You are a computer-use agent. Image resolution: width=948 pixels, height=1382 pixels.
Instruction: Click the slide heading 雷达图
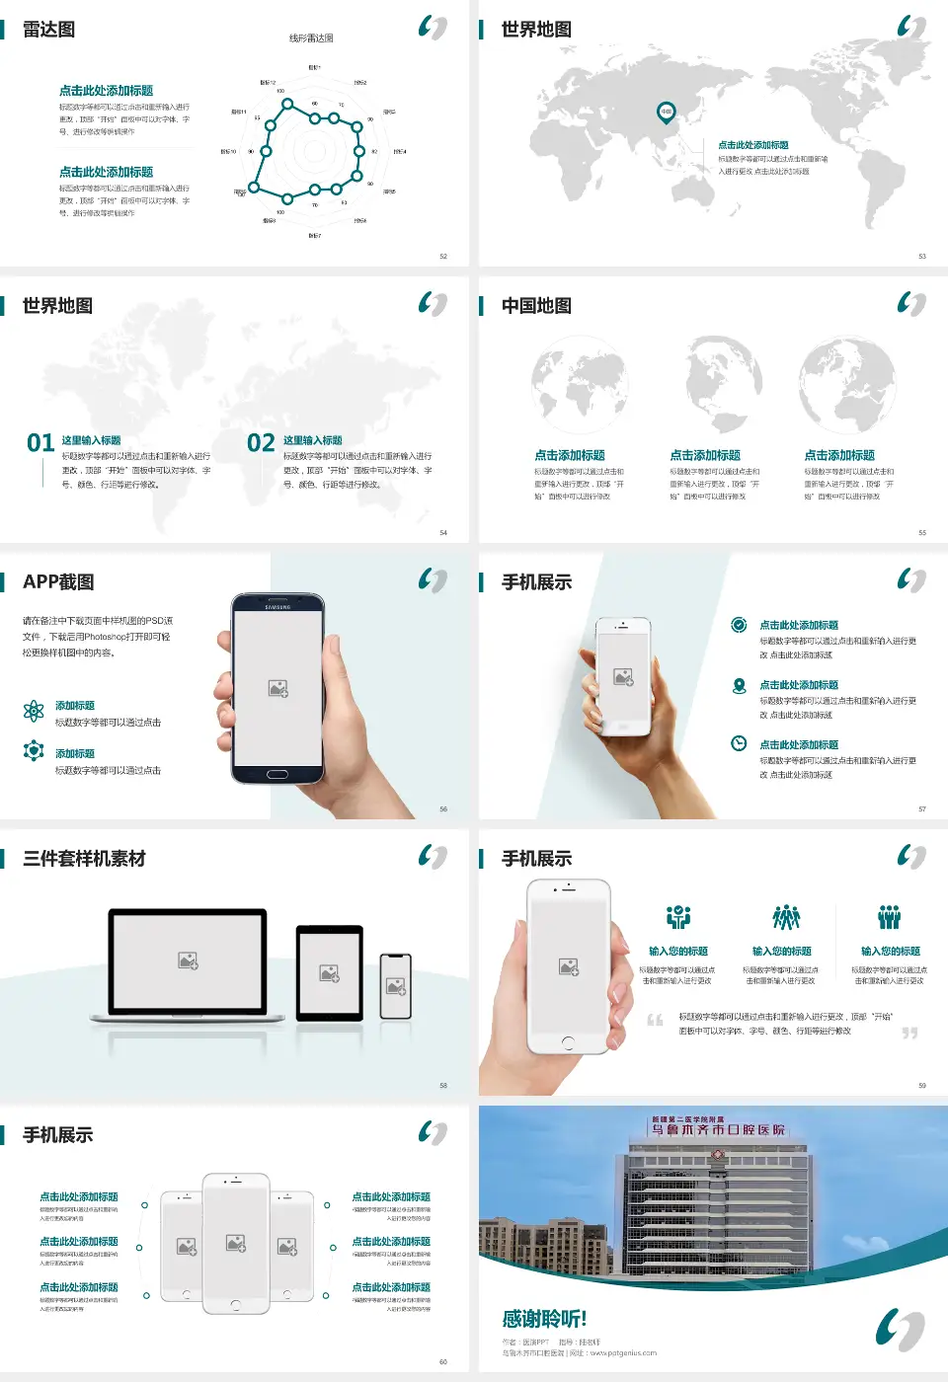[48, 30]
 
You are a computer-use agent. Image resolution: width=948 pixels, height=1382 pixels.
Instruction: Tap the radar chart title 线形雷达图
[311, 38]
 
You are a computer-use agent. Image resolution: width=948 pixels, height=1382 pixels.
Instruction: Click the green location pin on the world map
[667, 112]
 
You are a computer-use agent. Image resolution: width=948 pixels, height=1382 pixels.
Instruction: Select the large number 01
[40, 443]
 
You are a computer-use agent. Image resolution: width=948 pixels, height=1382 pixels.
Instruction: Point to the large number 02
[261, 443]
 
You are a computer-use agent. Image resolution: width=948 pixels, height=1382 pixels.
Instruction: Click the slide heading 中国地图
[536, 306]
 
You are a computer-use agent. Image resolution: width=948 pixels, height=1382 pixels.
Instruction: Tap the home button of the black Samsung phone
[277, 774]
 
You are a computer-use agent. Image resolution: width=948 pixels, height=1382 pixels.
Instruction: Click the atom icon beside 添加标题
[34, 711]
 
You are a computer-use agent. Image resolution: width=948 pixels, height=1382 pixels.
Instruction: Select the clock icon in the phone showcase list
[739, 743]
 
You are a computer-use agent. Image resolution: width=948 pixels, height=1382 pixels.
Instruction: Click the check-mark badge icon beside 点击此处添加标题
[739, 625]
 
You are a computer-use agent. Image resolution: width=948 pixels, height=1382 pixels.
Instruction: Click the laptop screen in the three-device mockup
[188, 960]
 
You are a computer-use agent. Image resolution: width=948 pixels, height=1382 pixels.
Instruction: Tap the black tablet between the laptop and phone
[330, 973]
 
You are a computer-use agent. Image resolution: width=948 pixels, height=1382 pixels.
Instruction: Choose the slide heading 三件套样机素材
[84, 859]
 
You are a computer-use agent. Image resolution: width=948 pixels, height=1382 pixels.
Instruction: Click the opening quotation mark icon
[655, 1020]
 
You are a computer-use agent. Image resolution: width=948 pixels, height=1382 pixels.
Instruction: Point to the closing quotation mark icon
[909, 1033]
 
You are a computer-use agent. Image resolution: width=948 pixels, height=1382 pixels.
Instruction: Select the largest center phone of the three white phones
[236, 1243]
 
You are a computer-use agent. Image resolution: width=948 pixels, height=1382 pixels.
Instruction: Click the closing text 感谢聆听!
[544, 1319]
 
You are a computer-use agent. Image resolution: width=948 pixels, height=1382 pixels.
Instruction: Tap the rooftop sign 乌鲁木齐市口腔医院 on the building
[718, 1129]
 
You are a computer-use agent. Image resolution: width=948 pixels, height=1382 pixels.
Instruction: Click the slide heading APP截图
[58, 582]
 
